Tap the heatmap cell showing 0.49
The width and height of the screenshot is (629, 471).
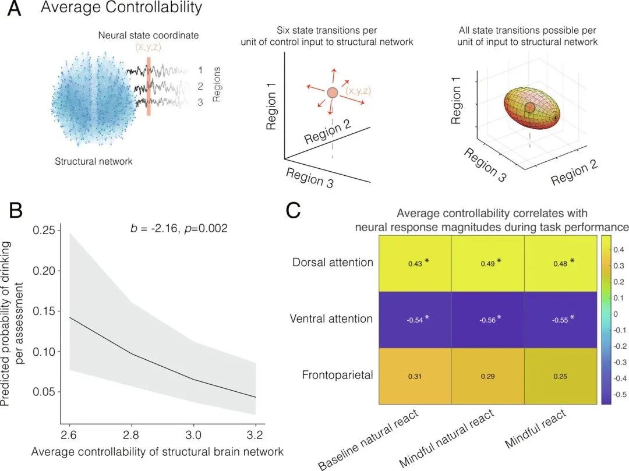[x=488, y=263]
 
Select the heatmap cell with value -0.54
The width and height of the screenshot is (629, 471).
[x=415, y=319]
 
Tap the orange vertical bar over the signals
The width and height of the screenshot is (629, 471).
[x=149, y=86]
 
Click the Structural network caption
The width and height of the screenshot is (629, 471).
[x=94, y=161]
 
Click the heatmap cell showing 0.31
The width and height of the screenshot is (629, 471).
[x=415, y=376]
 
